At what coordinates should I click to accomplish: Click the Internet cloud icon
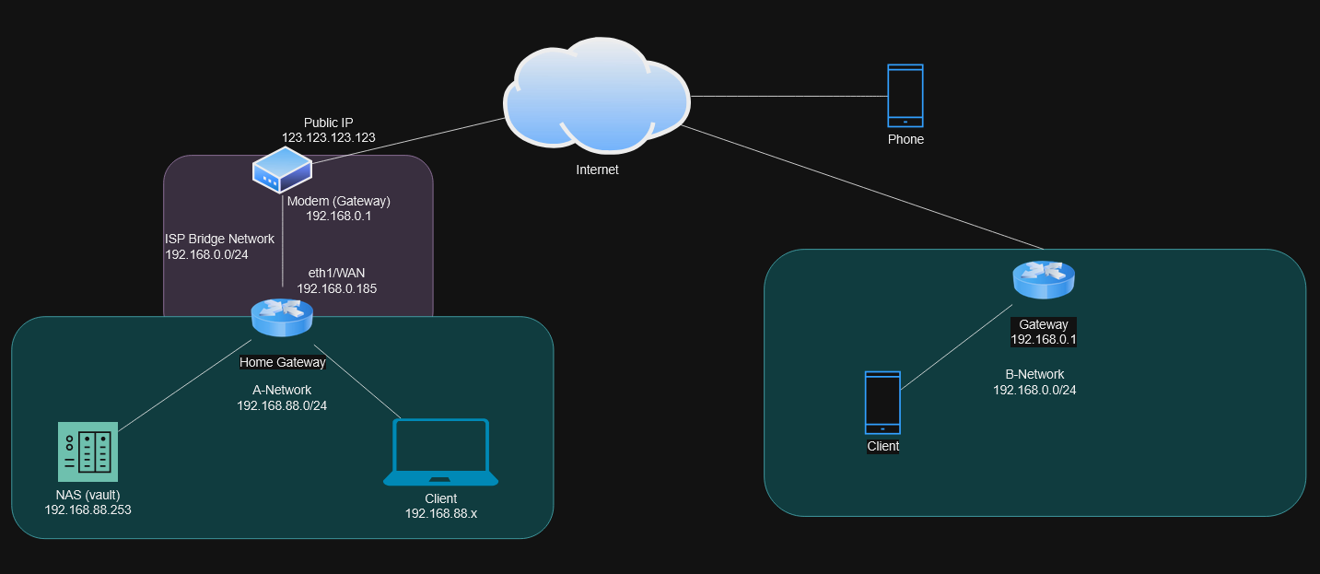[596, 96]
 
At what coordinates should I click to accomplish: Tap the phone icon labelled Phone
[905, 95]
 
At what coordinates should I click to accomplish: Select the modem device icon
[282, 170]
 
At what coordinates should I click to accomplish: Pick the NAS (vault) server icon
[88, 452]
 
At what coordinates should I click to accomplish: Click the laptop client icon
[440, 452]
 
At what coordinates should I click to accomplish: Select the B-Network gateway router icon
[1044, 278]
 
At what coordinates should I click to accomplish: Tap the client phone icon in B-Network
[882, 403]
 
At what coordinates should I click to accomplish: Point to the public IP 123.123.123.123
[329, 137]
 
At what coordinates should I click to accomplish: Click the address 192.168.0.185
[336, 288]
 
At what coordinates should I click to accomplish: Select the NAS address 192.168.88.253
[88, 510]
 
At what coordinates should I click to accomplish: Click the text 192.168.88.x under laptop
[441, 513]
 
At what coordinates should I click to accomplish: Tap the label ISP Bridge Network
[219, 239]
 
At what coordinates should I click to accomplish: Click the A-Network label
[282, 390]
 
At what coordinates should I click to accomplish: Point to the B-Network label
[1034, 374]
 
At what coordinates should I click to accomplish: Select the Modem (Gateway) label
[339, 201]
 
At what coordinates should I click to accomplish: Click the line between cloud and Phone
[788, 96]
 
